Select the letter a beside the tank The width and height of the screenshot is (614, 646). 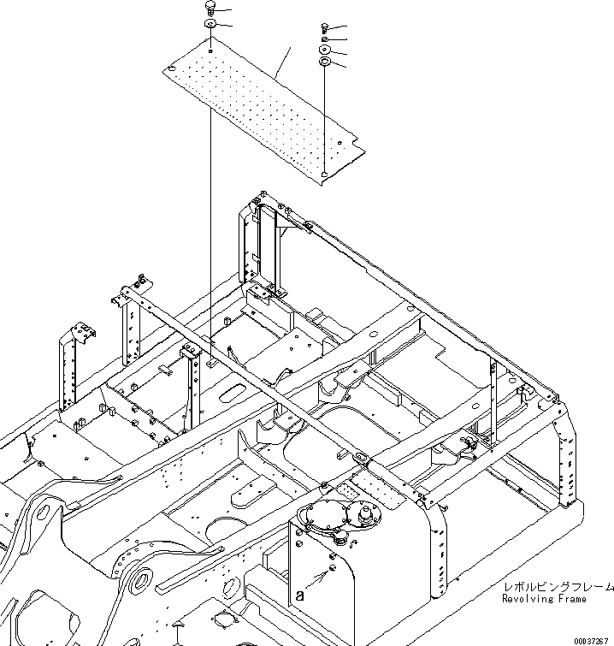click(x=299, y=593)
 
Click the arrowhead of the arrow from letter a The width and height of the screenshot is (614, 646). click(x=329, y=571)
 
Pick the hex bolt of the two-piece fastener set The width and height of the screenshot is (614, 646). click(x=209, y=8)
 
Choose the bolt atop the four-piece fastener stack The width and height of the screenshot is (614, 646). click(x=325, y=27)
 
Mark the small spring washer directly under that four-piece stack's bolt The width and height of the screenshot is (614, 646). click(x=325, y=39)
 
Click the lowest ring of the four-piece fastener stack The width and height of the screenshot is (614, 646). click(x=325, y=62)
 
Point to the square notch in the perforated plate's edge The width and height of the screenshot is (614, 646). click(x=340, y=143)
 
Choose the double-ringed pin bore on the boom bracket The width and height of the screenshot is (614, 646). click(x=137, y=585)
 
